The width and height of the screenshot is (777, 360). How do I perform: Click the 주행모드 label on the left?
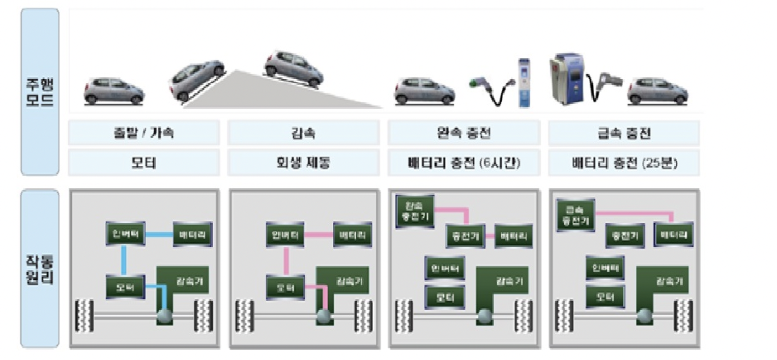[40, 92]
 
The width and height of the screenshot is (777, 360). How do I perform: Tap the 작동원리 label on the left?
[40, 269]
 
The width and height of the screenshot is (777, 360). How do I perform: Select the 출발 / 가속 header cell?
[144, 133]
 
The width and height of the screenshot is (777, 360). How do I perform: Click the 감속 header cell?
[303, 133]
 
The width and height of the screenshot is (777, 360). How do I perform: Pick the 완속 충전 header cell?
[464, 133]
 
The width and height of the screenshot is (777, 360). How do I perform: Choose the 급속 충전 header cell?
[624, 133]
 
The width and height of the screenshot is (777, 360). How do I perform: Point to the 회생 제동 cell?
[303, 163]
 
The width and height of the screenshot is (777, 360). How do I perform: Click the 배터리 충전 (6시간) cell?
[464, 163]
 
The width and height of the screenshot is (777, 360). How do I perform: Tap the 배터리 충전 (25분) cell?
[624, 163]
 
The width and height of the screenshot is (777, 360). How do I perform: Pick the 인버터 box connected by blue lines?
[125, 234]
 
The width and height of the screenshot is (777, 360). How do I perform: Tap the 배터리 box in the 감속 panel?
[352, 235]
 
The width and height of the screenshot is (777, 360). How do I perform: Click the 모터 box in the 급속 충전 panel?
[605, 296]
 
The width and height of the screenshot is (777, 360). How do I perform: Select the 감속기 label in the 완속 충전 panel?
[510, 281]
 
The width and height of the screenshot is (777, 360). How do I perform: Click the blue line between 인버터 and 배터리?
[159, 234]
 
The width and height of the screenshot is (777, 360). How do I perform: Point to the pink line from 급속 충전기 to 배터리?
[633, 213]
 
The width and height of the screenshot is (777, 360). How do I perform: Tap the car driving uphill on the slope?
[197, 79]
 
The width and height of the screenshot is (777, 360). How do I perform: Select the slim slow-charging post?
[524, 83]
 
